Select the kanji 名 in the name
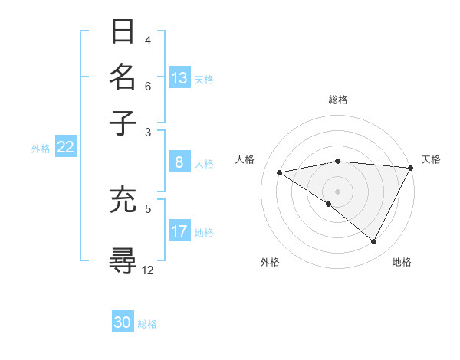tap(123, 77)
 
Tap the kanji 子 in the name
tap(123, 122)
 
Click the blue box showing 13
tap(179, 78)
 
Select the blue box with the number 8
tap(179, 162)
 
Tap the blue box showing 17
tap(179, 231)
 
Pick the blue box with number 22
tap(65, 148)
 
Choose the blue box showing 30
tap(123, 323)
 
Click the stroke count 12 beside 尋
tap(148, 270)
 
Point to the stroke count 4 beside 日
tap(147, 40)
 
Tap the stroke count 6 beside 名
tap(147, 86)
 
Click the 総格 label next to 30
tap(147, 324)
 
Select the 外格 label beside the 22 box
tap(40, 149)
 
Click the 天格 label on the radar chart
tap(431, 159)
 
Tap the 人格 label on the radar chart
tap(245, 159)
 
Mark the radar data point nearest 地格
tap(374, 242)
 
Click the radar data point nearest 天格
tap(411, 168)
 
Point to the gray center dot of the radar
tap(337, 191)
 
